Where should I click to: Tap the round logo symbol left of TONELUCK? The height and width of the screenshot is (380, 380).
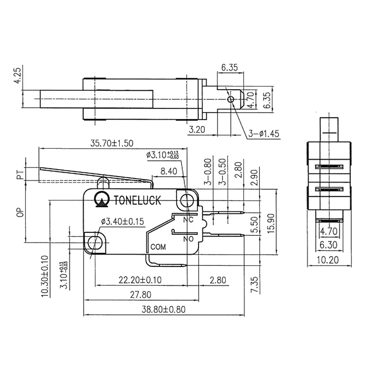click(x=101, y=200)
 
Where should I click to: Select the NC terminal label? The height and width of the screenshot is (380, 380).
click(x=189, y=219)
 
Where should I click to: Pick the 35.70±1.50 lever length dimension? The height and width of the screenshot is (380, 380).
click(x=112, y=142)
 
